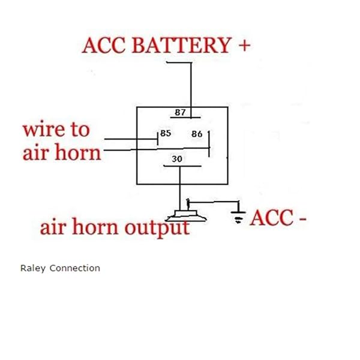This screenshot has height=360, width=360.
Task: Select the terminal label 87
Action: pyautogui.click(x=180, y=112)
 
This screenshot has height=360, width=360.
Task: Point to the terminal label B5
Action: pyautogui.click(x=165, y=133)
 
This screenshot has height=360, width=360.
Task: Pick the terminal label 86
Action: pyautogui.click(x=197, y=134)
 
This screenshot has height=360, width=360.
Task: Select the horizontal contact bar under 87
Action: pyautogui.click(x=181, y=118)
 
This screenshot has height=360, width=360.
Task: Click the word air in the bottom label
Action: pyautogui.click(x=54, y=228)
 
